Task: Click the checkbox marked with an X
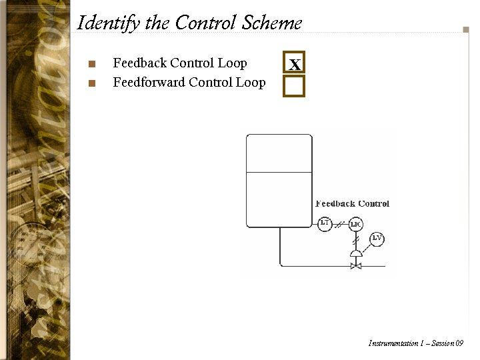point(293,63)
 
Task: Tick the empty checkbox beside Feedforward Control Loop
point(293,86)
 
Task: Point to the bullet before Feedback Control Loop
point(92,65)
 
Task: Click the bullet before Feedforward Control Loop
point(92,84)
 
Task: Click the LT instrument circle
point(325,224)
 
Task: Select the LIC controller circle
point(356,224)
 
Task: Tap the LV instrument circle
point(377,238)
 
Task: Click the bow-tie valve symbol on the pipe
point(356,266)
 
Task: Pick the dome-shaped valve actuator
point(356,254)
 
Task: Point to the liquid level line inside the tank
point(279,173)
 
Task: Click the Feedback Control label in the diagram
point(352,204)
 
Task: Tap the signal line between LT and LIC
point(340,224)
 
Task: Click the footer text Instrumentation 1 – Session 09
point(415,343)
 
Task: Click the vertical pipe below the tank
point(279,247)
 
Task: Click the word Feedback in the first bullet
point(139,63)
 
